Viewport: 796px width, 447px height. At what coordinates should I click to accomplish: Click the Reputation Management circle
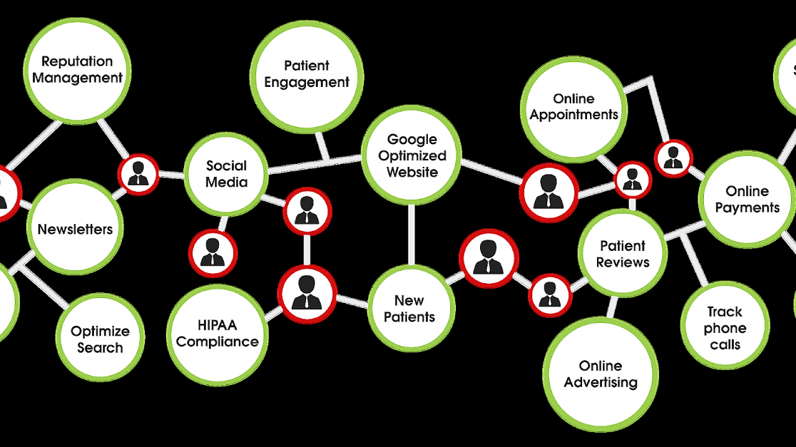(x=77, y=69)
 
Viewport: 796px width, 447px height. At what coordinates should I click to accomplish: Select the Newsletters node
(x=75, y=228)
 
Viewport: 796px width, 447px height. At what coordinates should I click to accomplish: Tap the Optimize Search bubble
(x=99, y=338)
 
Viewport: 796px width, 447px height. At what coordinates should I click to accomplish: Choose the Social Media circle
(x=226, y=174)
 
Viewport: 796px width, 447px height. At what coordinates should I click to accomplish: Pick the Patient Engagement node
(x=307, y=74)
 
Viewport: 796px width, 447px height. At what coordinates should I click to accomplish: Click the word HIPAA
(x=217, y=325)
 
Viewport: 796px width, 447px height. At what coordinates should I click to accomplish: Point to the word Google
(x=412, y=139)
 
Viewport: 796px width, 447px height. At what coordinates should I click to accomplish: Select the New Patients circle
(x=410, y=308)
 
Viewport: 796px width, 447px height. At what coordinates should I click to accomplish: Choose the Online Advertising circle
(x=600, y=374)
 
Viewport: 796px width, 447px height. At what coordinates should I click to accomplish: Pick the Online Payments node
(x=747, y=199)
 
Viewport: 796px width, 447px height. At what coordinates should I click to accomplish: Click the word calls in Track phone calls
(x=725, y=345)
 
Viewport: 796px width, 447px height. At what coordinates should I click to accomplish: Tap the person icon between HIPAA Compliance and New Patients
(x=307, y=293)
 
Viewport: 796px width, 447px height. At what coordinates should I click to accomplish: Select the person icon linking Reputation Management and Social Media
(x=138, y=174)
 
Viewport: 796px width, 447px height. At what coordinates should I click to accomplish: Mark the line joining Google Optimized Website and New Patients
(x=411, y=235)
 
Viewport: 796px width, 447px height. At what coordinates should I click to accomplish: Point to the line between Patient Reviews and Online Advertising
(x=613, y=307)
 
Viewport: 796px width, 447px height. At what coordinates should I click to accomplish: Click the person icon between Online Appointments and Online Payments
(x=673, y=159)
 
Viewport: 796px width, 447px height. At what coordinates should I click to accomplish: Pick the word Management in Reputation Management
(x=77, y=78)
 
